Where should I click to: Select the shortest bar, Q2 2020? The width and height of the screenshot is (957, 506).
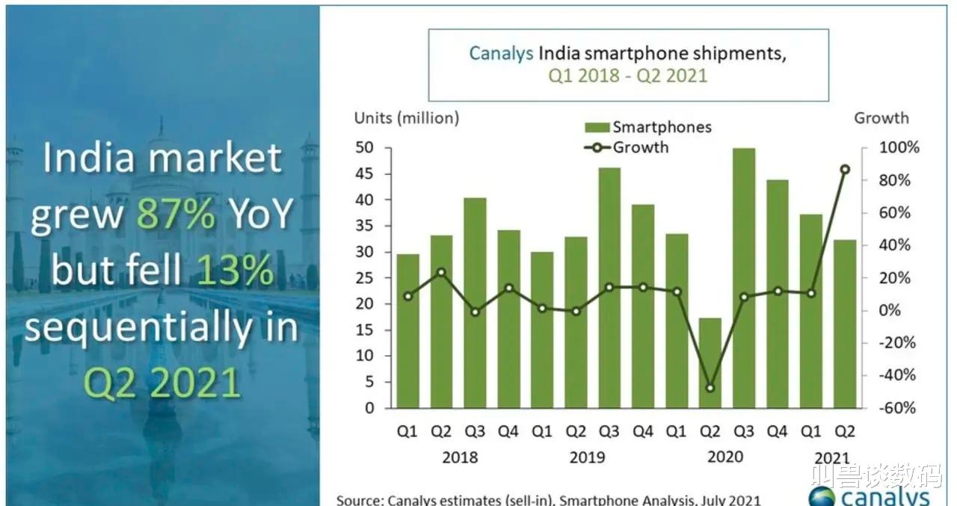tap(710, 363)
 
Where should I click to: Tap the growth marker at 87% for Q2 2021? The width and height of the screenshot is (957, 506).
tap(844, 170)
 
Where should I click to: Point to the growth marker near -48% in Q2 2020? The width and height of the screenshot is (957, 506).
tap(710, 388)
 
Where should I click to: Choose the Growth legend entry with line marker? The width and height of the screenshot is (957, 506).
tap(628, 147)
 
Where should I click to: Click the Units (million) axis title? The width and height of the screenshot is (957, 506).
tap(407, 118)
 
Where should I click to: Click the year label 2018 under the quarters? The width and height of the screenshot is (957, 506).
tap(460, 457)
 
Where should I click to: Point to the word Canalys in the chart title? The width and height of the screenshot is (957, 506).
tap(501, 54)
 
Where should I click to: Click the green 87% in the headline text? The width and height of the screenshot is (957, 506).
tap(176, 215)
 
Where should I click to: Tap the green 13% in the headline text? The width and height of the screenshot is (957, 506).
tap(235, 272)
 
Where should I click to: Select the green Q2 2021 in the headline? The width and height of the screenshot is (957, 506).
tap(161, 383)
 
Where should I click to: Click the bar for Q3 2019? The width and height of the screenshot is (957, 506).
tap(609, 288)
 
